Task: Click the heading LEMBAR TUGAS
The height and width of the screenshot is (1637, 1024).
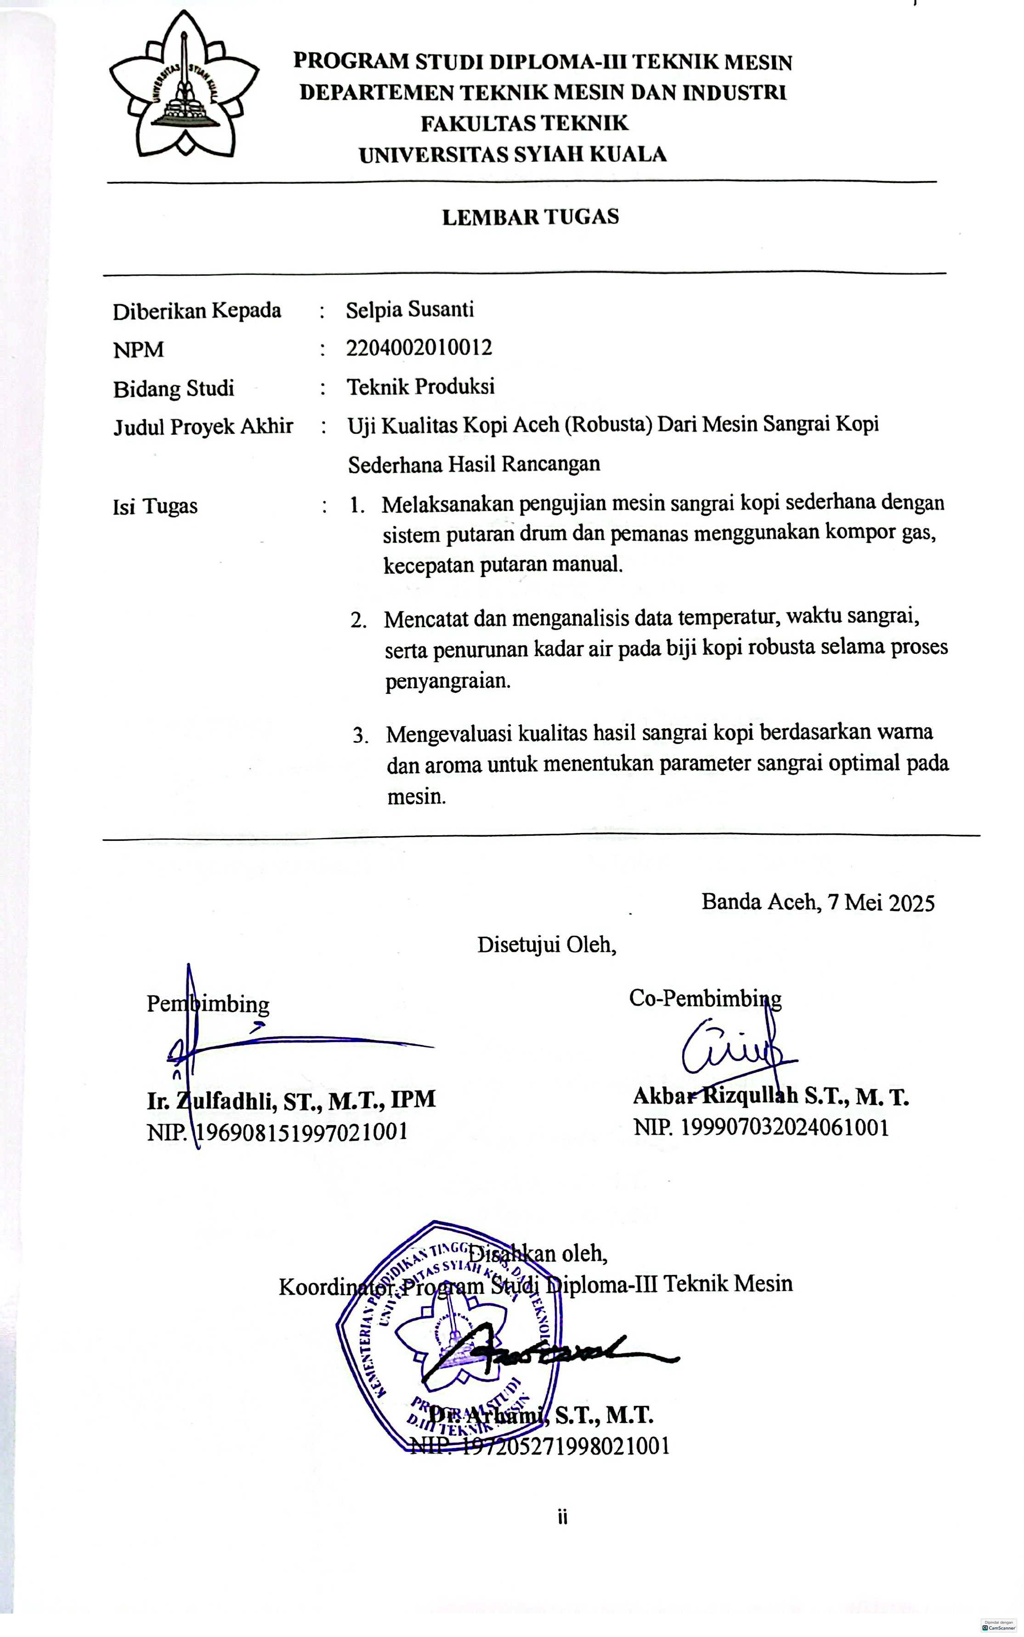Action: coord(530,217)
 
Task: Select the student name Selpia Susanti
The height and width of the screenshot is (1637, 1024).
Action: coord(410,310)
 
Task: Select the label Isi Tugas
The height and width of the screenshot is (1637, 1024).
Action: coord(155,506)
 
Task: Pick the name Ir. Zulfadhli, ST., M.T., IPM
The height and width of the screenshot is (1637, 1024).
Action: coord(291,1100)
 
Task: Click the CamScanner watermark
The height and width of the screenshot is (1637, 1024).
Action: coord(998,1626)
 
